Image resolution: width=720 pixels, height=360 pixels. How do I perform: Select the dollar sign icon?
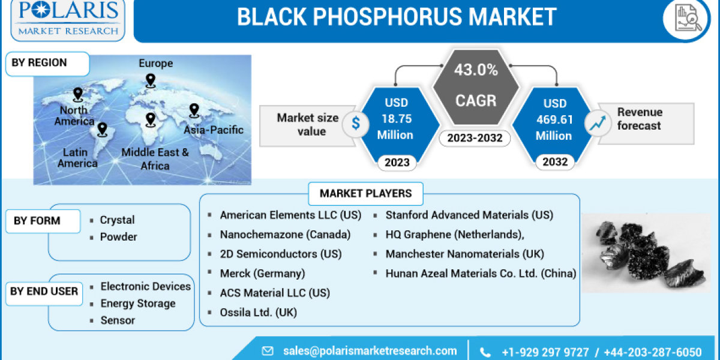[x=356, y=124]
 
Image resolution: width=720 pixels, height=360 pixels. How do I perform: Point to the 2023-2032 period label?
[x=475, y=139]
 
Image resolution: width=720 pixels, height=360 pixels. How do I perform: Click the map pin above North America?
[x=77, y=94]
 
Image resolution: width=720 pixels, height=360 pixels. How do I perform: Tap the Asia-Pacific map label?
[x=214, y=130]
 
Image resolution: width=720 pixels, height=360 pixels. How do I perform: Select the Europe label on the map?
[x=155, y=64]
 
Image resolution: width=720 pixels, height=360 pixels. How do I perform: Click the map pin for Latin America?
[x=102, y=129]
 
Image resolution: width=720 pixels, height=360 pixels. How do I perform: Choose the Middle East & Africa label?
[x=155, y=158]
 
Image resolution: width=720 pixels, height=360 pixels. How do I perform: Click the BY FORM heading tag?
[x=37, y=221]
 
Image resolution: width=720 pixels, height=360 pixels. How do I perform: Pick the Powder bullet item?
[x=118, y=237]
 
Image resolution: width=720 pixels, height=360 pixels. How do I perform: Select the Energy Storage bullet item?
[x=138, y=304]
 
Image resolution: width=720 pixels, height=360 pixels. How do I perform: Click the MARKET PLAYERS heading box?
[x=365, y=193]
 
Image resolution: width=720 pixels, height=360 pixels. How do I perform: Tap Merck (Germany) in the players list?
[x=262, y=273]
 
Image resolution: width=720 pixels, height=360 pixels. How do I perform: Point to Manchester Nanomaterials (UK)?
[x=464, y=254]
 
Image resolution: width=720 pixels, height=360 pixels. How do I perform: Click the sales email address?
[x=370, y=351]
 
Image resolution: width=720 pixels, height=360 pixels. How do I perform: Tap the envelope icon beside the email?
[x=268, y=351]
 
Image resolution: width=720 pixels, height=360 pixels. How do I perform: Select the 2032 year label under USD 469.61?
[x=554, y=162]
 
